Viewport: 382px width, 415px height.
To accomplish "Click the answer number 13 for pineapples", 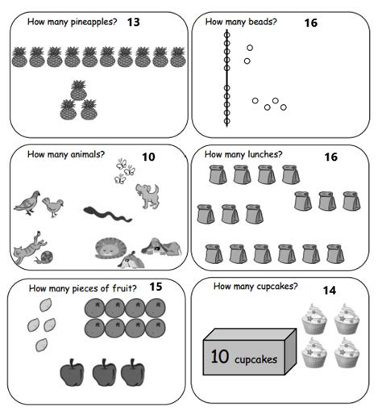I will coord(133,22).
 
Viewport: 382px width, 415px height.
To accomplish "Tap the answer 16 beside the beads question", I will coord(310,23).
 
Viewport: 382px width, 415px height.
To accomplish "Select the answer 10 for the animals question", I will coord(148,157).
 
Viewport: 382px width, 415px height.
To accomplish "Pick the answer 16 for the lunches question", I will coord(330,157).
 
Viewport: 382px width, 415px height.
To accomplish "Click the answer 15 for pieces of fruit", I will coord(156,287).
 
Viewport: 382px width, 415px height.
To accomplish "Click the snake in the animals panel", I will coord(105,213).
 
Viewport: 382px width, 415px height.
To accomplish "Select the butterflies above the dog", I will coord(123,170).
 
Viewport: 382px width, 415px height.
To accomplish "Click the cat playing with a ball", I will coord(31,249).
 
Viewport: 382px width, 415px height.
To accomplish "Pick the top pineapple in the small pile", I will coord(78,90).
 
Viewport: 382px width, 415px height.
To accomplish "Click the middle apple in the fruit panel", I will coord(104,372).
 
